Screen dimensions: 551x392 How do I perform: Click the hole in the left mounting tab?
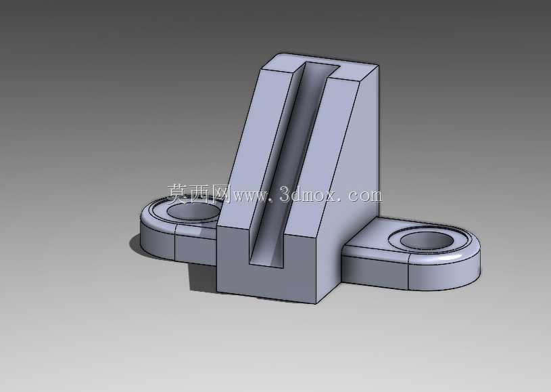(x=193, y=211)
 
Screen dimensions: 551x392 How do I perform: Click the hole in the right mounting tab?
(x=427, y=241)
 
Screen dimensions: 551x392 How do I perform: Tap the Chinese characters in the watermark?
(x=199, y=194)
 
